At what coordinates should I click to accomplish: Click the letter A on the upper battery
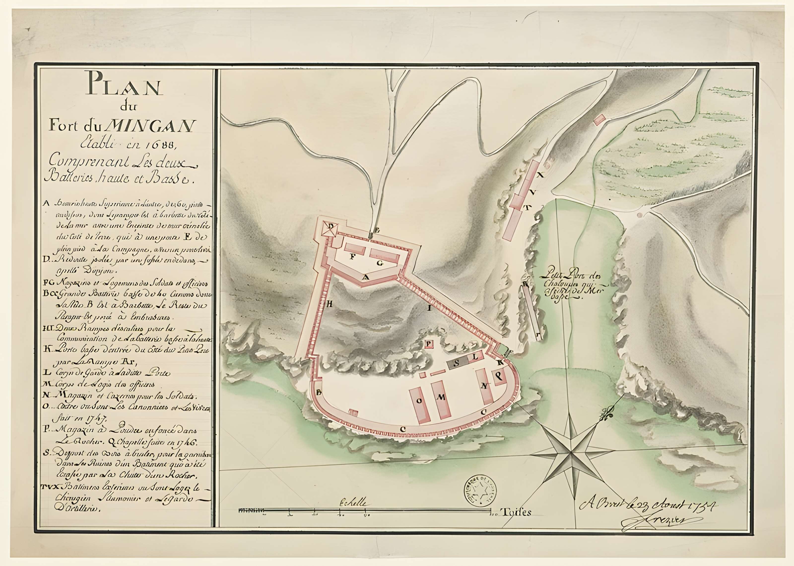365,277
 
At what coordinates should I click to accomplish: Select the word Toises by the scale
515,512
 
